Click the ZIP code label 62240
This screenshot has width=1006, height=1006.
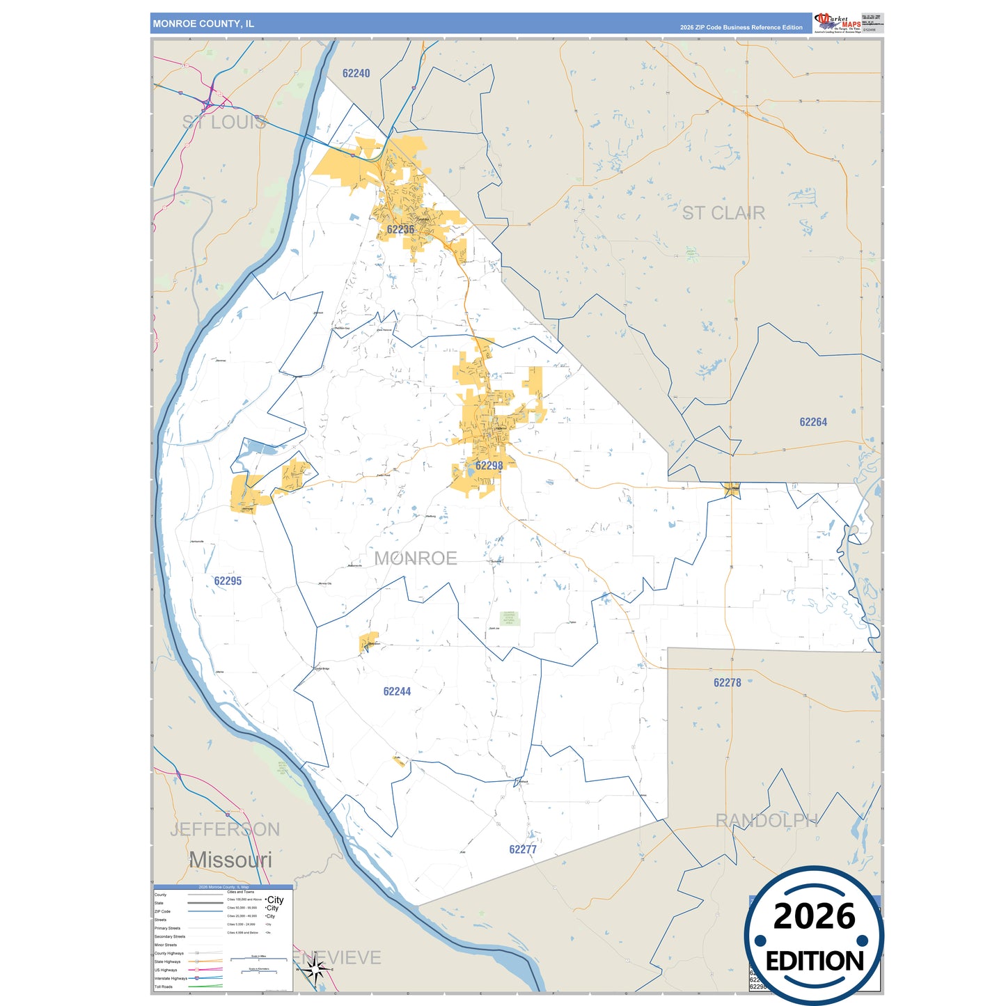click(356, 73)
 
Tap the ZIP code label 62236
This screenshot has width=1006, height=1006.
click(400, 229)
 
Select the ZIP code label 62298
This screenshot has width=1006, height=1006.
click(489, 466)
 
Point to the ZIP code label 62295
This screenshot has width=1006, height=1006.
click(228, 581)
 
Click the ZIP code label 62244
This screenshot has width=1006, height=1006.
click(397, 691)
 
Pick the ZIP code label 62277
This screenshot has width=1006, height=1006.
click(522, 849)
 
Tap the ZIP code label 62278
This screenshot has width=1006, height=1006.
click(727, 683)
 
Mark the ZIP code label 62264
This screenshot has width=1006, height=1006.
click(812, 422)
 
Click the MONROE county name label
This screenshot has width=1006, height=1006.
click(416, 558)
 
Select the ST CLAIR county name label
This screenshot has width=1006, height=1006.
click(723, 213)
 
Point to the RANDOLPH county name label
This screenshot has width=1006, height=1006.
click(767, 821)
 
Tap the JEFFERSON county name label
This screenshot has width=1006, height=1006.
click(225, 829)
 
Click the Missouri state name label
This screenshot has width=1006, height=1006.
click(230, 860)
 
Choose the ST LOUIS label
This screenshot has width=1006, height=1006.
click(224, 123)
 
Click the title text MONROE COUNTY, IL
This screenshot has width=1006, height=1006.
click(203, 24)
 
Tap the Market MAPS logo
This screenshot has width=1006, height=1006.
click(838, 22)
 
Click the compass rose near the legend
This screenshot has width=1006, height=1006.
click(315, 968)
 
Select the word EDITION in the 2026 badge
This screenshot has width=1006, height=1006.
click(814, 961)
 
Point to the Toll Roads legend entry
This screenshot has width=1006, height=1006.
click(164, 987)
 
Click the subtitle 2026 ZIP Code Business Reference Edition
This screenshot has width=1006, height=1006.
click(741, 28)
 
